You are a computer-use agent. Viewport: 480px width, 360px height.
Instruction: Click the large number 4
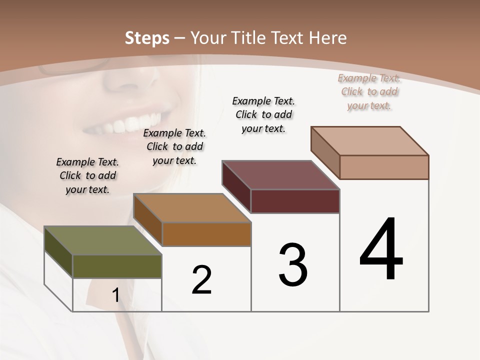[381, 250]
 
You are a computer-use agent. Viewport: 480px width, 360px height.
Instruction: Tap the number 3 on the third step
[293, 265]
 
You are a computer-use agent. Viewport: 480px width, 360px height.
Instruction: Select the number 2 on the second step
[202, 280]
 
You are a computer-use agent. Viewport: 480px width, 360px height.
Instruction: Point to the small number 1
[116, 295]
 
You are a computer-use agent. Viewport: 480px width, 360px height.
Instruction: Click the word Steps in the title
[147, 38]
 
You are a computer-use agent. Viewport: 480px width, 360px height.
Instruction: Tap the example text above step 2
[174, 147]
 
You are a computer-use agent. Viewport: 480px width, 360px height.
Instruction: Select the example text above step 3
[263, 114]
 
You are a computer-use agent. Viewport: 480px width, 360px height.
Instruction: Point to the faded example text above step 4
[369, 92]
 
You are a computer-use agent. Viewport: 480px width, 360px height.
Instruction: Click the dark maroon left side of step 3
[236, 186]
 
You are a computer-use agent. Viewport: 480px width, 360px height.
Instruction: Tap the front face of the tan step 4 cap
[384, 167]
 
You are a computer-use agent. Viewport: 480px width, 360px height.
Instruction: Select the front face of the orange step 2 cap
[206, 234]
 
